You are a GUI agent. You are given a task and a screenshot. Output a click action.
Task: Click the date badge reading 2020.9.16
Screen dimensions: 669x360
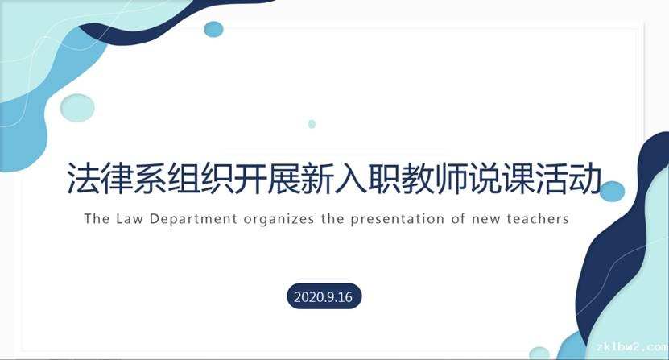pyautogui.click(x=324, y=296)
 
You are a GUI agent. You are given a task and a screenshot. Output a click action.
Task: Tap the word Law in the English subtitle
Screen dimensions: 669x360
pyautogui.click(x=130, y=218)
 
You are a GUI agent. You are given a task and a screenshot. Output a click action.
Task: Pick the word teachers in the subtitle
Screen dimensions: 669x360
pyautogui.click(x=538, y=218)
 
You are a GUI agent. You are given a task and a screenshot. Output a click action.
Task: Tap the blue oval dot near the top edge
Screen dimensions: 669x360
pyautogui.click(x=213, y=29)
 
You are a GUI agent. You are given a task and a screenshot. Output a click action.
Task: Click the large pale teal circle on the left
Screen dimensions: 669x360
pyautogui.click(x=77, y=108)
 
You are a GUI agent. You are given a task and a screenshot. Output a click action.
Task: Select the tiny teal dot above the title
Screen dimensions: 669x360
pyautogui.click(x=312, y=124)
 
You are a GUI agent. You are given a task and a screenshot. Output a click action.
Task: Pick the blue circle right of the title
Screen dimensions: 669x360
pyautogui.click(x=613, y=192)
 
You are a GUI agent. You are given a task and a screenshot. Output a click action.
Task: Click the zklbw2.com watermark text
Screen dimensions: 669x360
pyautogui.click(x=632, y=346)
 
